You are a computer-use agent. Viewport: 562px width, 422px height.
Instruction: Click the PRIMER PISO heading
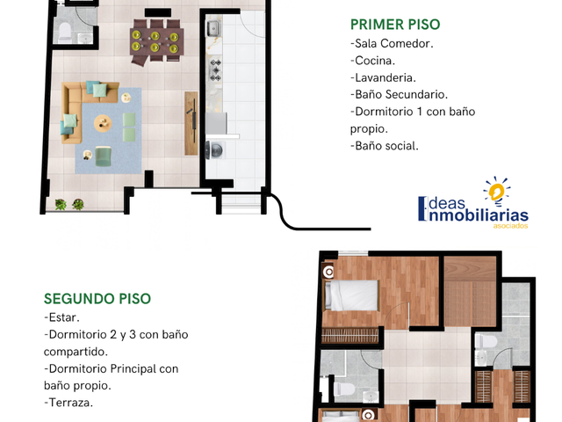point(395,25)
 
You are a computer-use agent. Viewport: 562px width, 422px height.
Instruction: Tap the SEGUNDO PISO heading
point(97,299)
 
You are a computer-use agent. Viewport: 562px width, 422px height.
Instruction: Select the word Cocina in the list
point(374,61)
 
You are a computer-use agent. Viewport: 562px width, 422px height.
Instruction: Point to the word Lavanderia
point(385,78)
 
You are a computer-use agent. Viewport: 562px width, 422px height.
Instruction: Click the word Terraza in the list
point(69,403)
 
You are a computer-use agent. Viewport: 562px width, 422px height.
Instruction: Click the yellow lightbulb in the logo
point(497,192)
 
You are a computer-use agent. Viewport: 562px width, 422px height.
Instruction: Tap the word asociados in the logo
point(510,226)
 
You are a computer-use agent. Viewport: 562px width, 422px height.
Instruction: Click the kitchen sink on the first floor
point(213,28)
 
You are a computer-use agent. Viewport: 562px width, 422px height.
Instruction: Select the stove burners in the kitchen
point(215,70)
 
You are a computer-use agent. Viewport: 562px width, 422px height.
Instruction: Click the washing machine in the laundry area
point(214,150)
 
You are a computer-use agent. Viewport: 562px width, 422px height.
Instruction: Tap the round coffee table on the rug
point(103,123)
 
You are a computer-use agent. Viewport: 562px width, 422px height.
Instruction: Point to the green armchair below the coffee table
point(104,156)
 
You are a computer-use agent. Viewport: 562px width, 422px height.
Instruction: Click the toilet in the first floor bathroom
point(65,31)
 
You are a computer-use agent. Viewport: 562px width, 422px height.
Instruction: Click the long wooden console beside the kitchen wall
point(191,123)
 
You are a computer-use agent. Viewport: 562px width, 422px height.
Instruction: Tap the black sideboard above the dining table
point(158,12)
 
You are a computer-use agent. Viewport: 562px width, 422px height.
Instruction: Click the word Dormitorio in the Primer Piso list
point(384,112)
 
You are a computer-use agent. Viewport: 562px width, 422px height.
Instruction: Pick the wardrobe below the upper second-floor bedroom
point(350,336)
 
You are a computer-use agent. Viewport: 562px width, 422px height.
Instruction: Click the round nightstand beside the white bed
point(328,272)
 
